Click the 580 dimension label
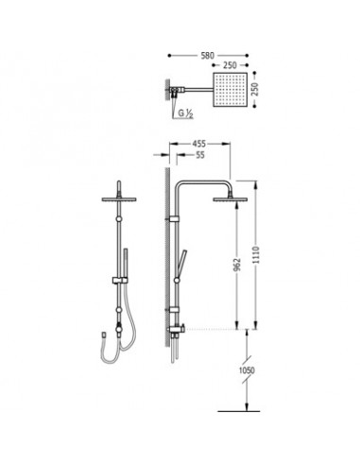pos(208,56)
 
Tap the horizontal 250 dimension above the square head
pos(230,65)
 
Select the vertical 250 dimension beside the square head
pos(255,90)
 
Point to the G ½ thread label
pos(186,113)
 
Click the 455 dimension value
pos(199,144)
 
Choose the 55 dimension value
pos(200,155)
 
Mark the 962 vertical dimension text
pos(237,265)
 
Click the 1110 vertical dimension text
pos(255,255)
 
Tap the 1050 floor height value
pos(247,370)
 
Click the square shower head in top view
pos(231,90)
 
